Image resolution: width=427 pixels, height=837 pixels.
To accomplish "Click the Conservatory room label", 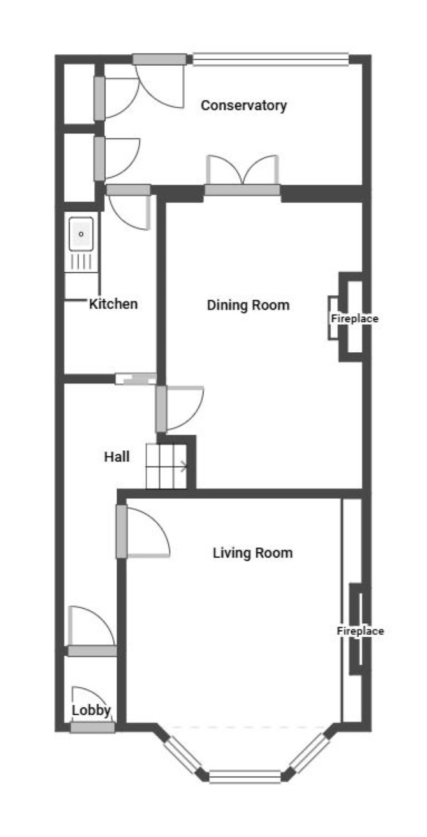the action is click(x=243, y=105).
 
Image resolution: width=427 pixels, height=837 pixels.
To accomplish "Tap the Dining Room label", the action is click(x=248, y=305).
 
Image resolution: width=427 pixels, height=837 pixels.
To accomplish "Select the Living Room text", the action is click(x=252, y=553).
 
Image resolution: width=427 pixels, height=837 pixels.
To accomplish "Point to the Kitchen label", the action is click(x=113, y=304).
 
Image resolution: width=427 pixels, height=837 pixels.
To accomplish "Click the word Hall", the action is click(x=117, y=457).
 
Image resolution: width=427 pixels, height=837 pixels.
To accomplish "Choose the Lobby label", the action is click(x=91, y=710).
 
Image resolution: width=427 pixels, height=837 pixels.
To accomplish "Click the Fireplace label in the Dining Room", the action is click(x=354, y=319).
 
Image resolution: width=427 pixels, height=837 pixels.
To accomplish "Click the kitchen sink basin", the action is click(x=81, y=234).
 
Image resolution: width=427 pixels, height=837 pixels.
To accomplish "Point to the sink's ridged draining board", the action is click(x=82, y=262).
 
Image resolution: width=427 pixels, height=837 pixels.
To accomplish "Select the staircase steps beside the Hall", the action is click(x=166, y=466).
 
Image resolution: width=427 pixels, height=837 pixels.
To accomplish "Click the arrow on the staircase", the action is click(x=184, y=466).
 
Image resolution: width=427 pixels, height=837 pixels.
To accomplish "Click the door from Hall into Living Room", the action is click(x=143, y=531).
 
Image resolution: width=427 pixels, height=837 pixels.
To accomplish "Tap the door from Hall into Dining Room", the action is click(x=180, y=408).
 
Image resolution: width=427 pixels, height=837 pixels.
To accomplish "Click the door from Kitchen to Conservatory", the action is click(x=129, y=207).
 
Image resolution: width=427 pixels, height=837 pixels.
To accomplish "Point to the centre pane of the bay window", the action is click(x=245, y=776).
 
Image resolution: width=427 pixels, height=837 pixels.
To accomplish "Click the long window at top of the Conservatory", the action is click(x=271, y=59).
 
